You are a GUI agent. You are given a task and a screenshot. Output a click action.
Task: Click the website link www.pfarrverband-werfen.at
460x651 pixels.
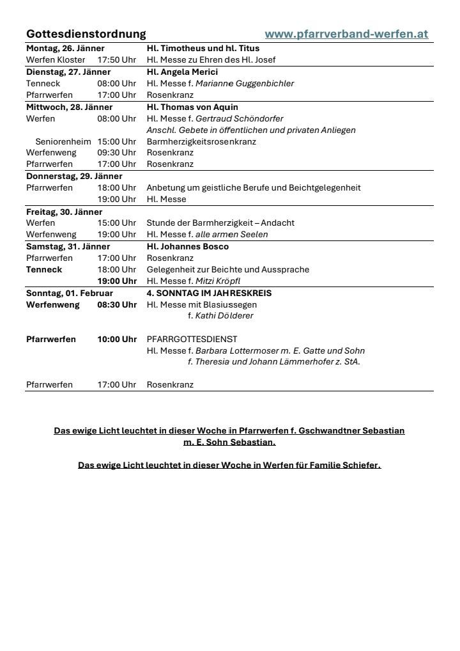[346, 34]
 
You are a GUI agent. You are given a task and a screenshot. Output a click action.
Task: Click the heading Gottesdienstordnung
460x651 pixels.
[86, 34]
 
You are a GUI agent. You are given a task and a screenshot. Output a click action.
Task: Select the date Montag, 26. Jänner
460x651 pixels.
[65, 48]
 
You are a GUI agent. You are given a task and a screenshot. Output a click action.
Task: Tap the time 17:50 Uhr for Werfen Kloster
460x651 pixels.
[116, 60]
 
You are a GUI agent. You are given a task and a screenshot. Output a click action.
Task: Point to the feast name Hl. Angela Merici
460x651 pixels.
[182, 72]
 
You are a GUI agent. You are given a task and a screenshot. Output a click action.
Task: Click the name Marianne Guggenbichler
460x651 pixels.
[245, 83]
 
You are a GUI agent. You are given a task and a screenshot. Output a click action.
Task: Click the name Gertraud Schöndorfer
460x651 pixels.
[239, 118]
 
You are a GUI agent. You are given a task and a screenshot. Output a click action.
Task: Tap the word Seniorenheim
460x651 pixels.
[63, 141]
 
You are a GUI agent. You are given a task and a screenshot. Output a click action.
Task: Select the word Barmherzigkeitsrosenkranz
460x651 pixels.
[201, 141]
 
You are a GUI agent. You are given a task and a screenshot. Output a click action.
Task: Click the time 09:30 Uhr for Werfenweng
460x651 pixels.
[116, 153]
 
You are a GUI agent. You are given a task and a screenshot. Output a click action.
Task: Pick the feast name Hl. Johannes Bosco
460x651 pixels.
[187, 246]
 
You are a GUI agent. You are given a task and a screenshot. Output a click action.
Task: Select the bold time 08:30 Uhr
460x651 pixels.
[116, 304]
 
